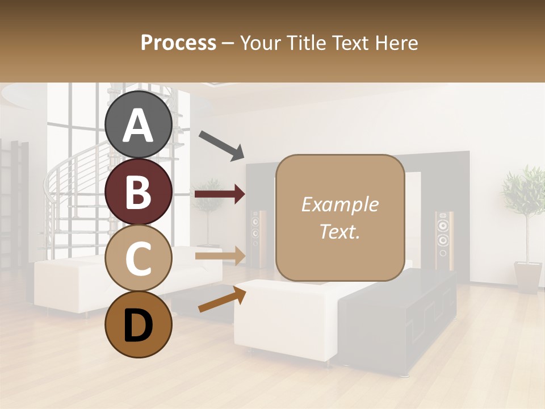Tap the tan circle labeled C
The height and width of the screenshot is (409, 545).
pyautogui.click(x=139, y=258)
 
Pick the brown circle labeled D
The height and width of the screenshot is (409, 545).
pyautogui.click(x=139, y=324)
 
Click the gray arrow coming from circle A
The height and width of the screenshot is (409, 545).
pyautogui.click(x=221, y=144)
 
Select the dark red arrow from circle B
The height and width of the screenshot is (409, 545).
pyautogui.click(x=220, y=194)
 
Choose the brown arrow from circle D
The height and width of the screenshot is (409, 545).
pyautogui.click(x=222, y=299)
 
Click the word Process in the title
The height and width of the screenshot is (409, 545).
pyautogui.click(x=178, y=43)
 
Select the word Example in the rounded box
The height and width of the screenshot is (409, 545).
pyautogui.click(x=339, y=204)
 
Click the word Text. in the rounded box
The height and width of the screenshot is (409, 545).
pyautogui.click(x=339, y=231)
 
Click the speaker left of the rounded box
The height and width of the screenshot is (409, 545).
pyautogui.click(x=256, y=239)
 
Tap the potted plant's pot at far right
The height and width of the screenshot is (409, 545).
pyautogui.click(x=528, y=277)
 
